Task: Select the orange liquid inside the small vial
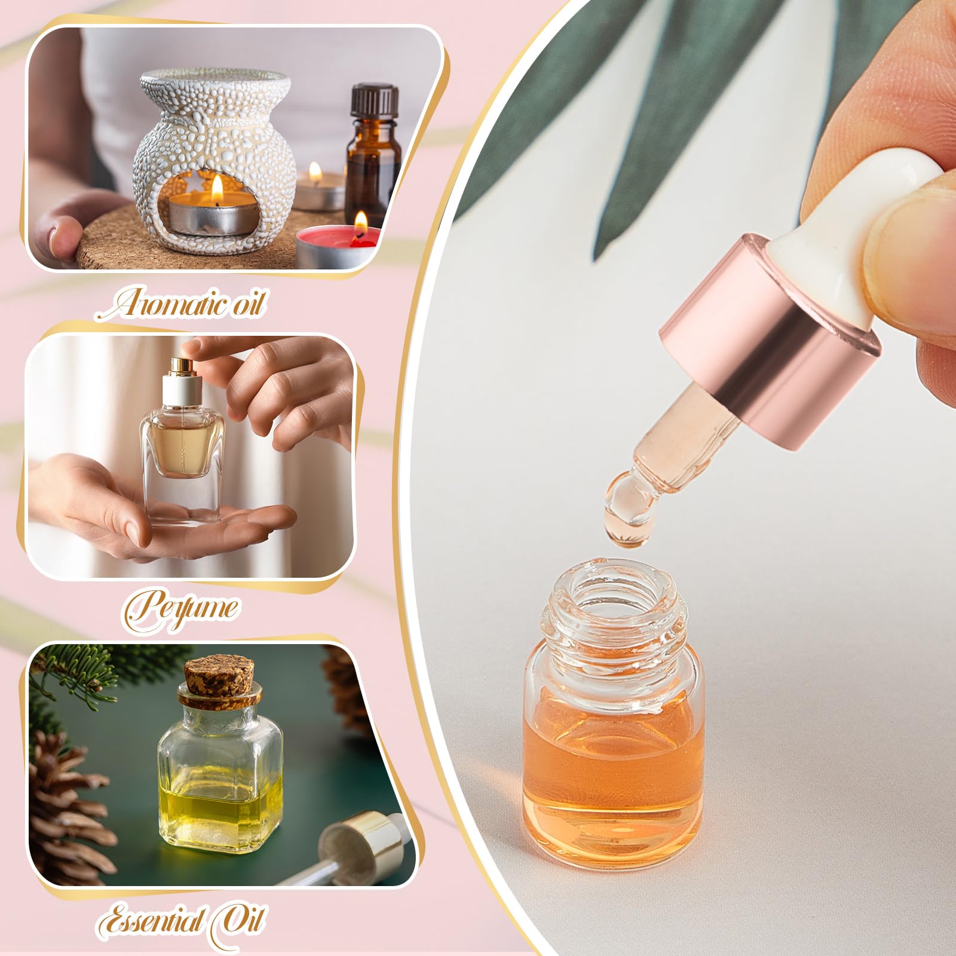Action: (x=613, y=759)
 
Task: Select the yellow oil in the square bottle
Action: (x=219, y=813)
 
